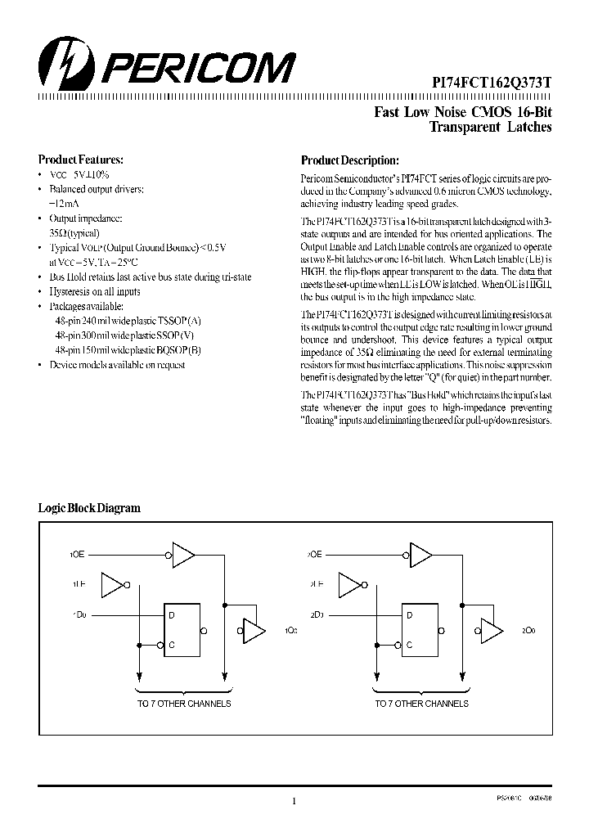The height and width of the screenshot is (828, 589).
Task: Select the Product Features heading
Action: point(81,160)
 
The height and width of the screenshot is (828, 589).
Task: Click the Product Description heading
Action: point(350,160)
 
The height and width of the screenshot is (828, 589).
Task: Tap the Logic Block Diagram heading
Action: point(90,508)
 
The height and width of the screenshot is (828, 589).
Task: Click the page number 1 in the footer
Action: point(294,800)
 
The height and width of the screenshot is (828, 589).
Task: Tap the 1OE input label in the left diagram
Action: point(76,554)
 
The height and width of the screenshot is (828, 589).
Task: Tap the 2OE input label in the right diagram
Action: point(313,554)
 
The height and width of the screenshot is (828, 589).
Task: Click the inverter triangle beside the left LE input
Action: point(111,584)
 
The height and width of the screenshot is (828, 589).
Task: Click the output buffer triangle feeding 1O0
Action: point(254,631)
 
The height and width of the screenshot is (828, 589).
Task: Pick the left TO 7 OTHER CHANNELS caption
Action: point(183,704)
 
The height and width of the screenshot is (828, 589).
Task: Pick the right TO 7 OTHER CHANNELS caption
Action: point(421,704)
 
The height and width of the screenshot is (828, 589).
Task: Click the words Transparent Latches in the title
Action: point(491,128)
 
